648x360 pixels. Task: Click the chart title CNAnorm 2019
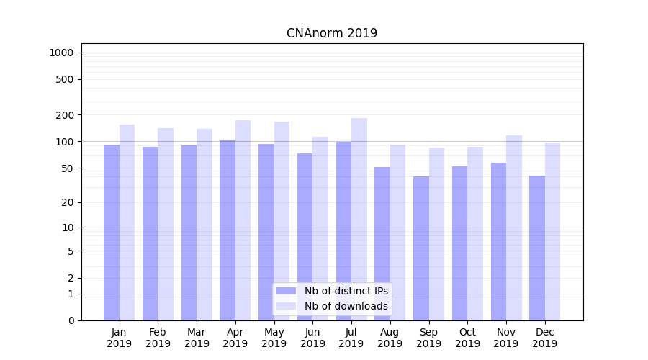[331, 33]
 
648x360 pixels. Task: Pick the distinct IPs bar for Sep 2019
[421, 248]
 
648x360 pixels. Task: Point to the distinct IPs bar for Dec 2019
[537, 248]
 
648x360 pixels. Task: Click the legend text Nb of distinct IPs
[346, 291]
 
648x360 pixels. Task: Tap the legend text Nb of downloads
[346, 306]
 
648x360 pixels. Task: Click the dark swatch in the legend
[286, 291]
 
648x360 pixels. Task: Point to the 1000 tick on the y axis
[61, 53]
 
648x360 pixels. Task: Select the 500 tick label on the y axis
[66, 79]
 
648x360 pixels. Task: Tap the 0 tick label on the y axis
[71, 320]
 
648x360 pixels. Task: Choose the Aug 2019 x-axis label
[390, 338]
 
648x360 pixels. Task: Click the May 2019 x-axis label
[274, 338]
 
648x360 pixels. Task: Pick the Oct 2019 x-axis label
[467, 338]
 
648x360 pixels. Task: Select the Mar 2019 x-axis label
[197, 338]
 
